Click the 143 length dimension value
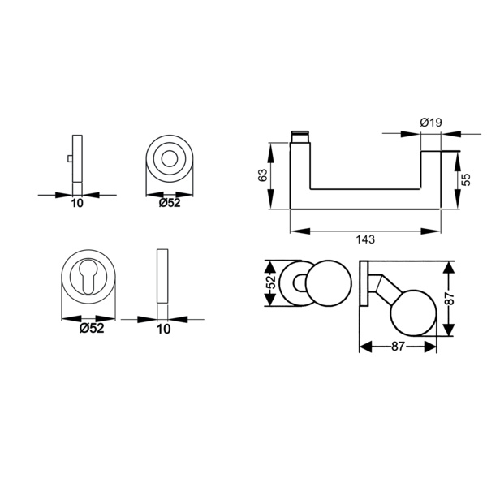(365, 239)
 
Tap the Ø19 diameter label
(431, 123)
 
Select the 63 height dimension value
(263, 175)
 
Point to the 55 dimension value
(466, 179)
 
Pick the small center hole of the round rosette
(170, 159)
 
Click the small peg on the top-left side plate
(70, 159)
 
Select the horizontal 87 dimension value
(398, 346)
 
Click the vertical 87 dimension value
(450, 299)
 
